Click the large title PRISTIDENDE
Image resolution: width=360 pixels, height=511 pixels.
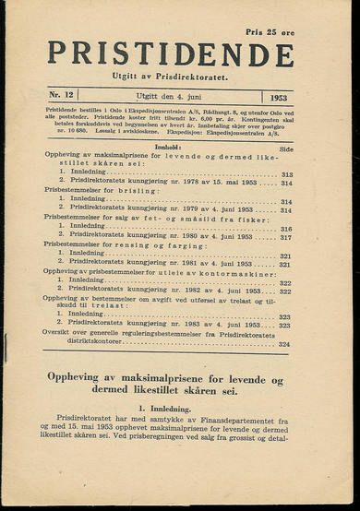point(171,53)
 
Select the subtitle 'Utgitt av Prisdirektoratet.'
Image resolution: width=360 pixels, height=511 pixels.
point(171,75)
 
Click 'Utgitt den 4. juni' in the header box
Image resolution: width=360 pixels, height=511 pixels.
point(164,96)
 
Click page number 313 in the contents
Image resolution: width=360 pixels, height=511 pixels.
point(285,174)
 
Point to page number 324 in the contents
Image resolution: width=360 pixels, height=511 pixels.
point(284,343)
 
